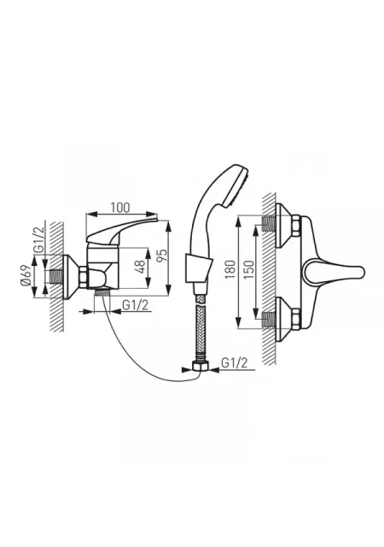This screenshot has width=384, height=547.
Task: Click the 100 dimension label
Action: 119,207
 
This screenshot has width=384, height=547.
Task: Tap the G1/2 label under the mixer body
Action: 135,305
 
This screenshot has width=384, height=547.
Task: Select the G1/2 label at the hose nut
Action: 235,363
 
